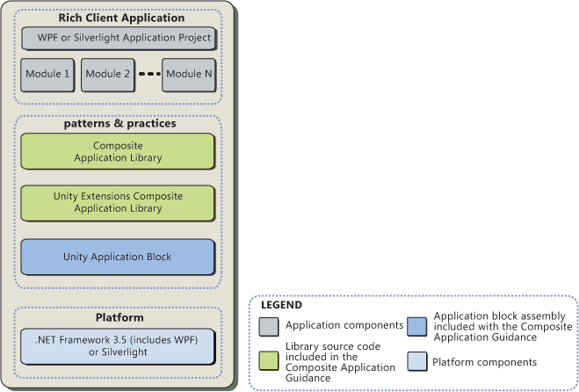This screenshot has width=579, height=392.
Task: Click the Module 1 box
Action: coord(49,75)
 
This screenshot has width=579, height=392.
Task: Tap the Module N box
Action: coord(189,75)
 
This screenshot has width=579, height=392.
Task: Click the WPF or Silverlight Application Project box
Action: coord(119,38)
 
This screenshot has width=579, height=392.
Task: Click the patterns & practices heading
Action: coord(120,124)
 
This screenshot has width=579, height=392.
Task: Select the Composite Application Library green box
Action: coord(118,150)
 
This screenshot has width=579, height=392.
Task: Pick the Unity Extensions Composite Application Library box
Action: coord(118,203)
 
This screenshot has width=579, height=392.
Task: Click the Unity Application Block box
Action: coord(118,257)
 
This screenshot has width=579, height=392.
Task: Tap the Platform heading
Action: coord(119,317)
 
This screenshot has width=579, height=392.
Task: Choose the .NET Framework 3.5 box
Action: coord(118,345)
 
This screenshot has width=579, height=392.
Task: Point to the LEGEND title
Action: coord(282,306)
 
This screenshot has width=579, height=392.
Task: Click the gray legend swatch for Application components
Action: coord(269,326)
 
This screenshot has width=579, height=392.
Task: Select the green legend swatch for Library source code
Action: coord(269,360)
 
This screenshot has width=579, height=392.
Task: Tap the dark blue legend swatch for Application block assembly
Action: coord(418,326)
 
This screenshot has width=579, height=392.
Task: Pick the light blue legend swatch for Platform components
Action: coord(418,361)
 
